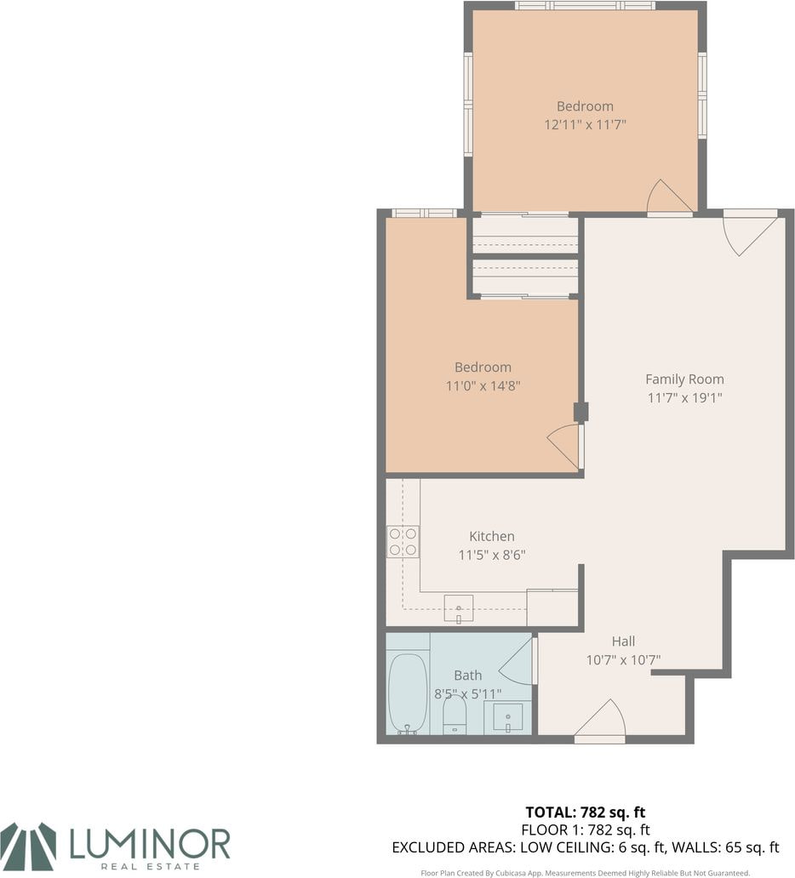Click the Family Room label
[684, 379]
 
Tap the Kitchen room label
[492, 536]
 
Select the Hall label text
[623, 641]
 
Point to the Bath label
[468, 676]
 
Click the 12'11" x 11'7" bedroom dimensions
[585, 123]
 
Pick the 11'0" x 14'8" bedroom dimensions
[483, 385]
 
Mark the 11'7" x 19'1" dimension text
[684, 397]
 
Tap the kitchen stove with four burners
[403, 541]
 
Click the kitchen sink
[458, 608]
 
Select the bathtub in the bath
[408, 693]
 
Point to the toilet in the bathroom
[455, 714]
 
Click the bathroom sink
[507, 718]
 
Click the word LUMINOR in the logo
[150, 844]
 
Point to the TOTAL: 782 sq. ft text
[585, 812]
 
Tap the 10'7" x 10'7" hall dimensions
[623, 659]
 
